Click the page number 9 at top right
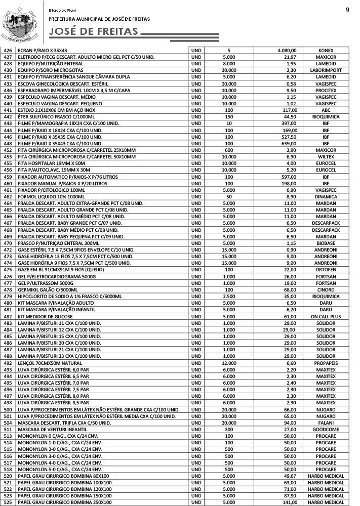[347, 10]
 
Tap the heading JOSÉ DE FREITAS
[94, 32]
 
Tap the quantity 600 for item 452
[229, 150]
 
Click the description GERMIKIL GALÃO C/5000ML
[53, 290]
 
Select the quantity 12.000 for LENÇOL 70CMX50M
[229, 363]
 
